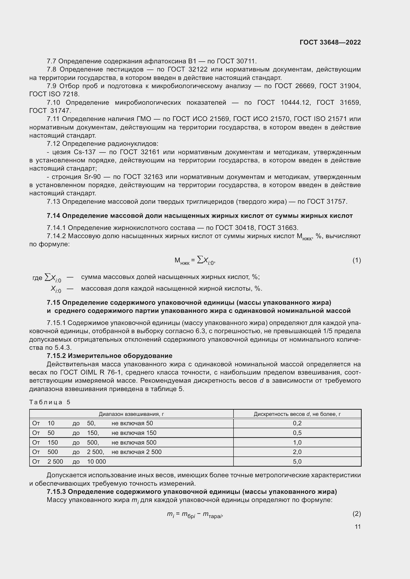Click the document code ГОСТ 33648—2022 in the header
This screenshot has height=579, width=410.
[x=330, y=42]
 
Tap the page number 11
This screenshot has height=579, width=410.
[x=357, y=527]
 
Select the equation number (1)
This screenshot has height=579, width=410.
[x=356, y=260]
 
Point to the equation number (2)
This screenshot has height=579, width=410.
[x=356, y=513]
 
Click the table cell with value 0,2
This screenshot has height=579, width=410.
[x=297, y=423]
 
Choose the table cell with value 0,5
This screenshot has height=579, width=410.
[x=297, y=433]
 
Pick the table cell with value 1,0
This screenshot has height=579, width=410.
[x=297, y=442]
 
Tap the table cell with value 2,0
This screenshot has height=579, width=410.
[x=297, y=452]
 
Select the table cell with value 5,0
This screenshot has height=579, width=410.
[x=297, y=461]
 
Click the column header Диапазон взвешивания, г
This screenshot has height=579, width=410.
[x=131, y=414]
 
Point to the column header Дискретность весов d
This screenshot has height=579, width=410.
[x=297, y=414]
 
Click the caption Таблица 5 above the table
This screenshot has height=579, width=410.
[x=50, y=402]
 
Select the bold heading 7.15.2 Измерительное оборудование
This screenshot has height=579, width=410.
[x=110, y=355]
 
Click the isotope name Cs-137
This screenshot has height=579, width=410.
[x=85, y=152]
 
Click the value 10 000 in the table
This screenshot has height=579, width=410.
[x=96, y=461]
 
